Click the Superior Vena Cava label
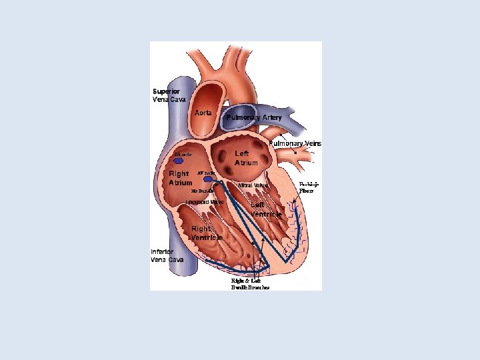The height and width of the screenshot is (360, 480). coord(169,95)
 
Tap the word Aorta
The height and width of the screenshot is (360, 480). coord(203,113)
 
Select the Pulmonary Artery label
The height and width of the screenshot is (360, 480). coord(254,117)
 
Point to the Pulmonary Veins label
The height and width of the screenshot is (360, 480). coord(295,143)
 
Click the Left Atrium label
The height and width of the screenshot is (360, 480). coord(246,157)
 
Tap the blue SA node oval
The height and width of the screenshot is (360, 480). coord(179,161)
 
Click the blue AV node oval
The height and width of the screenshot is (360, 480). coord(208,179)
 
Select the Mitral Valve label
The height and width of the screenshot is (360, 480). coord(253,185)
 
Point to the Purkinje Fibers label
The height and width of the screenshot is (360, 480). coord(309,187)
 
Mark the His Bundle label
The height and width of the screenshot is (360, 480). coord(203,191)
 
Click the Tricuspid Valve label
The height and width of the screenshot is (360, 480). coord(205,201)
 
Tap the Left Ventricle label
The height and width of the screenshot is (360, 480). coord(266,209)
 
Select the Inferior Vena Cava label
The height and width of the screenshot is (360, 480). coord(167,255)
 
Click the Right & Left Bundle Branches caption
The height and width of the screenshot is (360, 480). coord(250,284)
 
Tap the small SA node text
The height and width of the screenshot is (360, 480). coord(182,154)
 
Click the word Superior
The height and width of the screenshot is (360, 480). coord(166,91)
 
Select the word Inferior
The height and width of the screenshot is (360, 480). coord(163,251)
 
